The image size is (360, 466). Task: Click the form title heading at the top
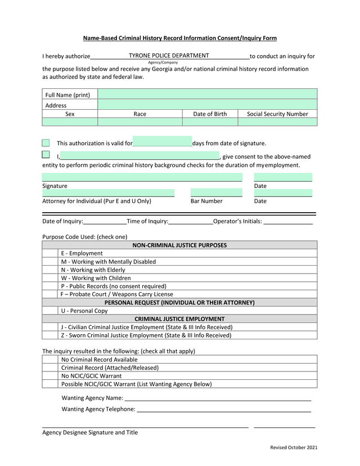(180, 38)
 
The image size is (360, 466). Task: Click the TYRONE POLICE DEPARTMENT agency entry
(169, 56)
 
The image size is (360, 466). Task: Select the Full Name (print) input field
(207, 94)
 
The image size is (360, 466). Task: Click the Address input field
(207, 105)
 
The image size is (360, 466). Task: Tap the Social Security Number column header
(277, 114)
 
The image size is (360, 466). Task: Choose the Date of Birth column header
(210, 114)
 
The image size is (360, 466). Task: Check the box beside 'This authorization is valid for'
(46, 143)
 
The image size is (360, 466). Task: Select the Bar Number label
(206, 201)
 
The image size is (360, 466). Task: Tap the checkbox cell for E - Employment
(51, 253)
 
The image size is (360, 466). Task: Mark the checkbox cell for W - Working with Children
(51, 278)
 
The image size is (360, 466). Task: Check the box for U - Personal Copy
(51, 311)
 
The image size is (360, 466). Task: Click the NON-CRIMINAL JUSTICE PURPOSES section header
(179, 245)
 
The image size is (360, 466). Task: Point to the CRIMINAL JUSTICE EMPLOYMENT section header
(179, 319)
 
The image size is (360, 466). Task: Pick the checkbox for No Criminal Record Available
(51, 360)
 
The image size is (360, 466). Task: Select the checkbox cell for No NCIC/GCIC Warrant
(51, 376)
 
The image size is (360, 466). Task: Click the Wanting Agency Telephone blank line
(223, 409)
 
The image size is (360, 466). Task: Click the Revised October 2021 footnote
(294, 447)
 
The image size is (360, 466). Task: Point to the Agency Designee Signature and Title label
(90, 432)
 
